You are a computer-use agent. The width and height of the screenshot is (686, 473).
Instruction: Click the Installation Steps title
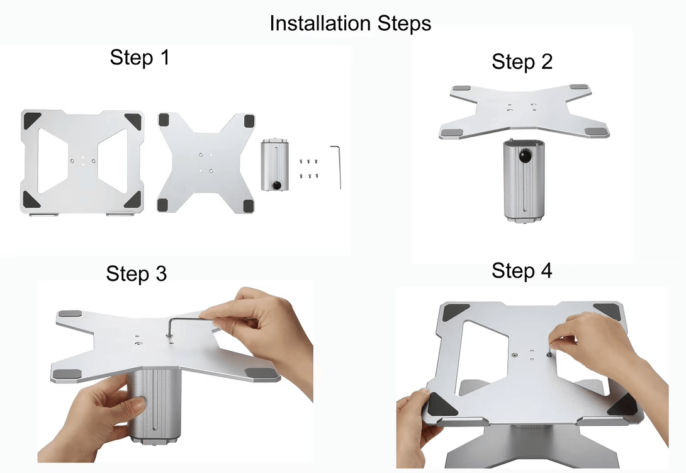pyautogui.click(x=350, y=23)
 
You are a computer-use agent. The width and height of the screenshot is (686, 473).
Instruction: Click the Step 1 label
pyautogui.click(x=140, y=57)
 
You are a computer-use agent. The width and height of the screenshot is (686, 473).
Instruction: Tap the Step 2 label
pyautogui.click(x=522, y=62)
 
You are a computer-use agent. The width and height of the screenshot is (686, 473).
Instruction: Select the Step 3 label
pyautogui.click(x=137, y=274)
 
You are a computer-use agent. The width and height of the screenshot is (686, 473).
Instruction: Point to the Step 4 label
pyautogui.click(x=522, y=271)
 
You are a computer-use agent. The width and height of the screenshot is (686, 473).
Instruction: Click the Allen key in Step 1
pyautogui.click(x=337, y=166)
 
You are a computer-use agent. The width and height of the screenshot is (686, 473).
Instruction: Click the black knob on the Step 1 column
pyautogui.click(x=276, y=185)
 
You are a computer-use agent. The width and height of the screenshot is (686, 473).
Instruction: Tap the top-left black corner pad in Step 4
pyautogui.click(x=455, y=312)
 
